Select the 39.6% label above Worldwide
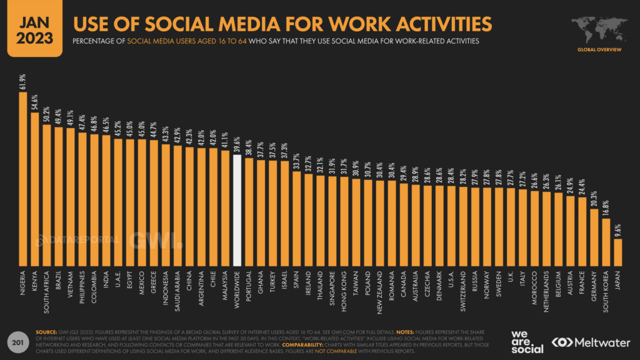click(237, 144)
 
